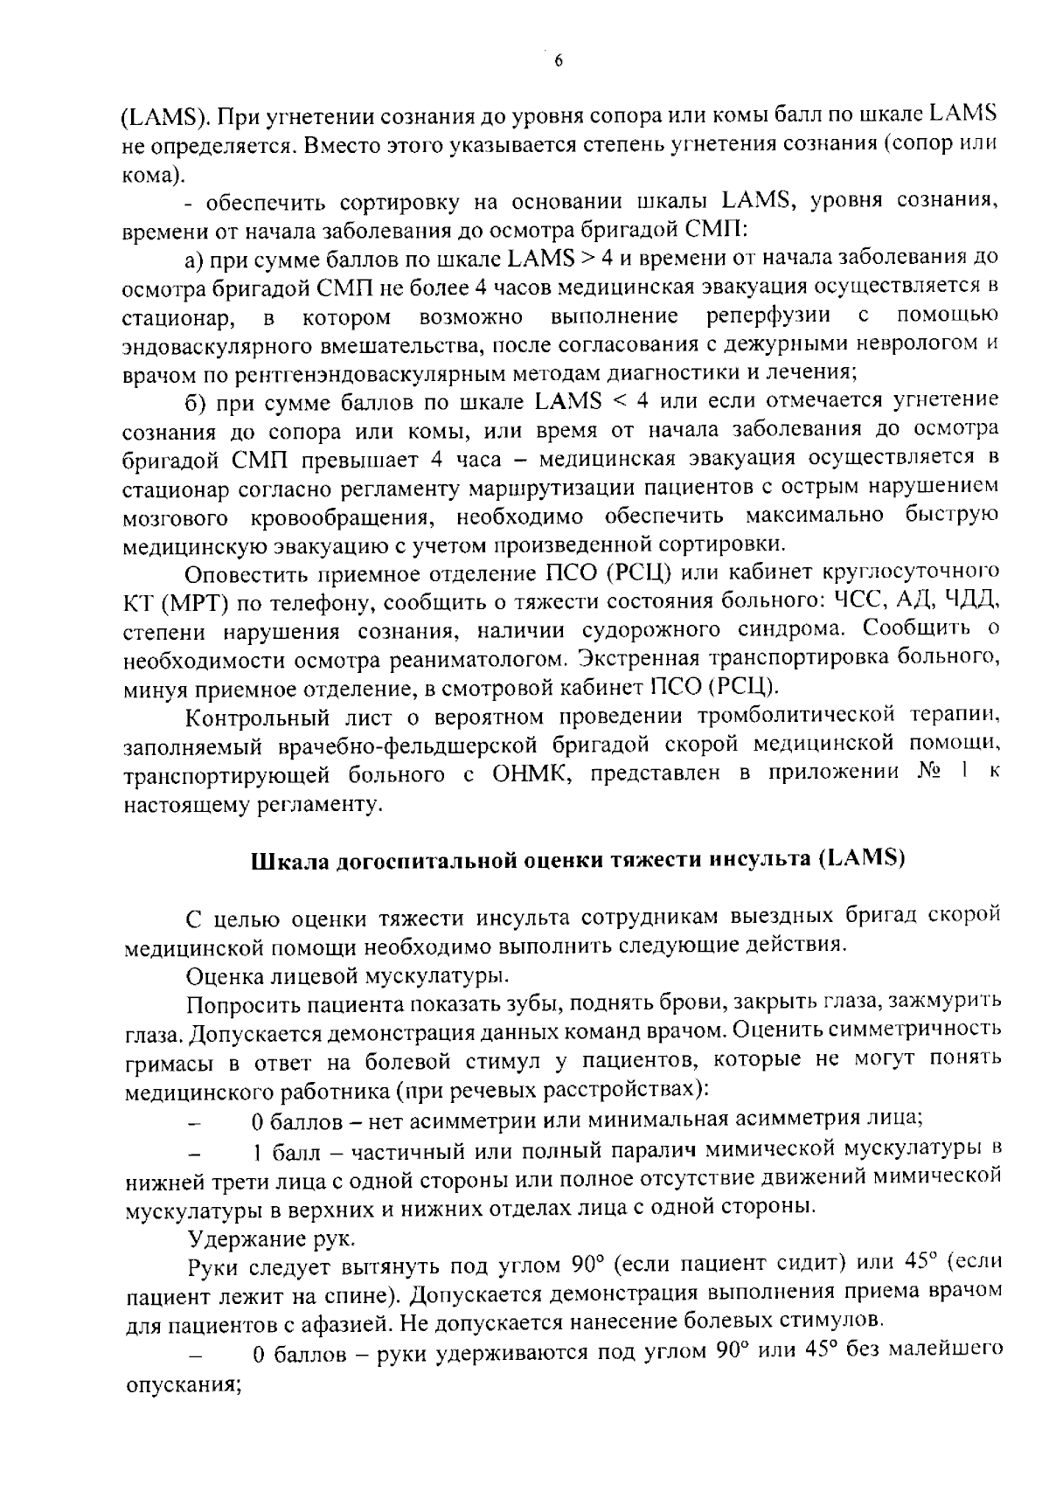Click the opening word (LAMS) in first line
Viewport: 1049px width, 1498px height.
(162, 115)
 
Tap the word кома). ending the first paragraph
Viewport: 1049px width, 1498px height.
(152, 174)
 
